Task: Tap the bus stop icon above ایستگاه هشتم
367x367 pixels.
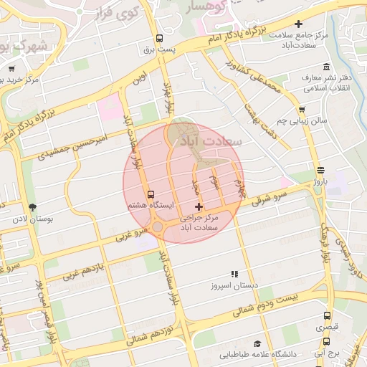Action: [x=151, y=194]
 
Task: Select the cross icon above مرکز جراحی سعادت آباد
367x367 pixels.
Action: [x=199, y=206]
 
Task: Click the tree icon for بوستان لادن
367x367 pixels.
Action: [x=29, y=208]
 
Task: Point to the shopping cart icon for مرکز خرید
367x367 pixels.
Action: [x=11, y=70]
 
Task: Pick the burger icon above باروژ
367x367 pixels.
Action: [x=320, y=171]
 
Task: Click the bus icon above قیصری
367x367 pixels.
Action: [x=327, y=315]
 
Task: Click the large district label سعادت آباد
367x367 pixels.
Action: [x=213, y=140]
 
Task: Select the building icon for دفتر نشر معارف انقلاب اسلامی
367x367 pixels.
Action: [x=326, y=66]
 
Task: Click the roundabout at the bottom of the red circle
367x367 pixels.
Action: [x=157, y=227]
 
